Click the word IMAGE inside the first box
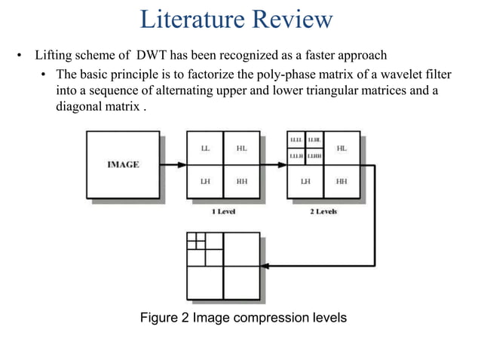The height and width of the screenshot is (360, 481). (122, 165)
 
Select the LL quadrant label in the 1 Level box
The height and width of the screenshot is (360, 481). (205, 148)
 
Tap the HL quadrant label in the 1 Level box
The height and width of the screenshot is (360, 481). (241, 148)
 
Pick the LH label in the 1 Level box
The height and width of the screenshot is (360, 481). (205, 182)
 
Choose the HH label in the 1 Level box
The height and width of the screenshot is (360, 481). (241, 182)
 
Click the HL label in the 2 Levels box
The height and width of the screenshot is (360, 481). (342, 148)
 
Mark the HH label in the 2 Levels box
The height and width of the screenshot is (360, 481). (342, 182)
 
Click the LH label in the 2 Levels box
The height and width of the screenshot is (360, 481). (305, 182)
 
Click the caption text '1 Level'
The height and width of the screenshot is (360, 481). (223, 212)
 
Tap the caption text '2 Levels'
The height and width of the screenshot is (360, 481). (323, 212)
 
